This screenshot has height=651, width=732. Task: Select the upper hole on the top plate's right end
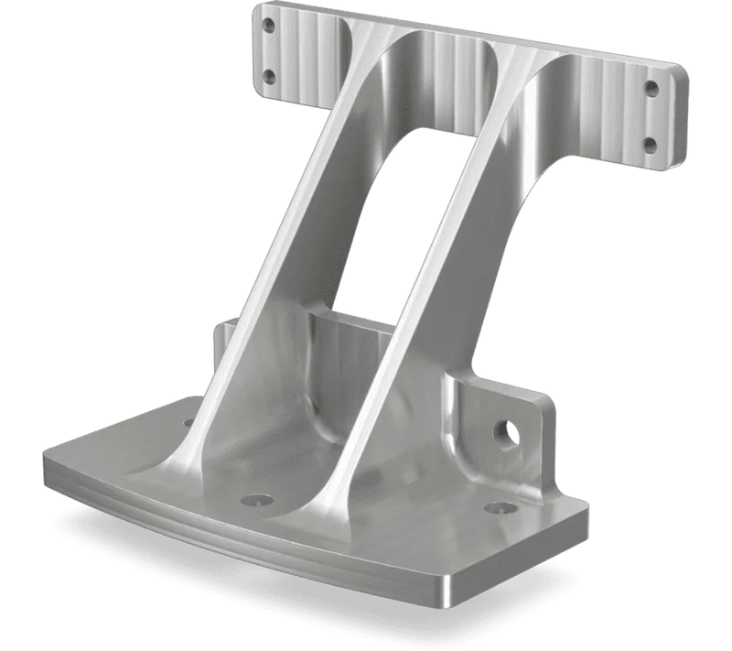[x=651, y=89]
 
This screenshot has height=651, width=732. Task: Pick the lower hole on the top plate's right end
[x=650, y=144]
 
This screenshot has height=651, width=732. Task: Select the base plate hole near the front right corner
[x=498, y=506]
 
